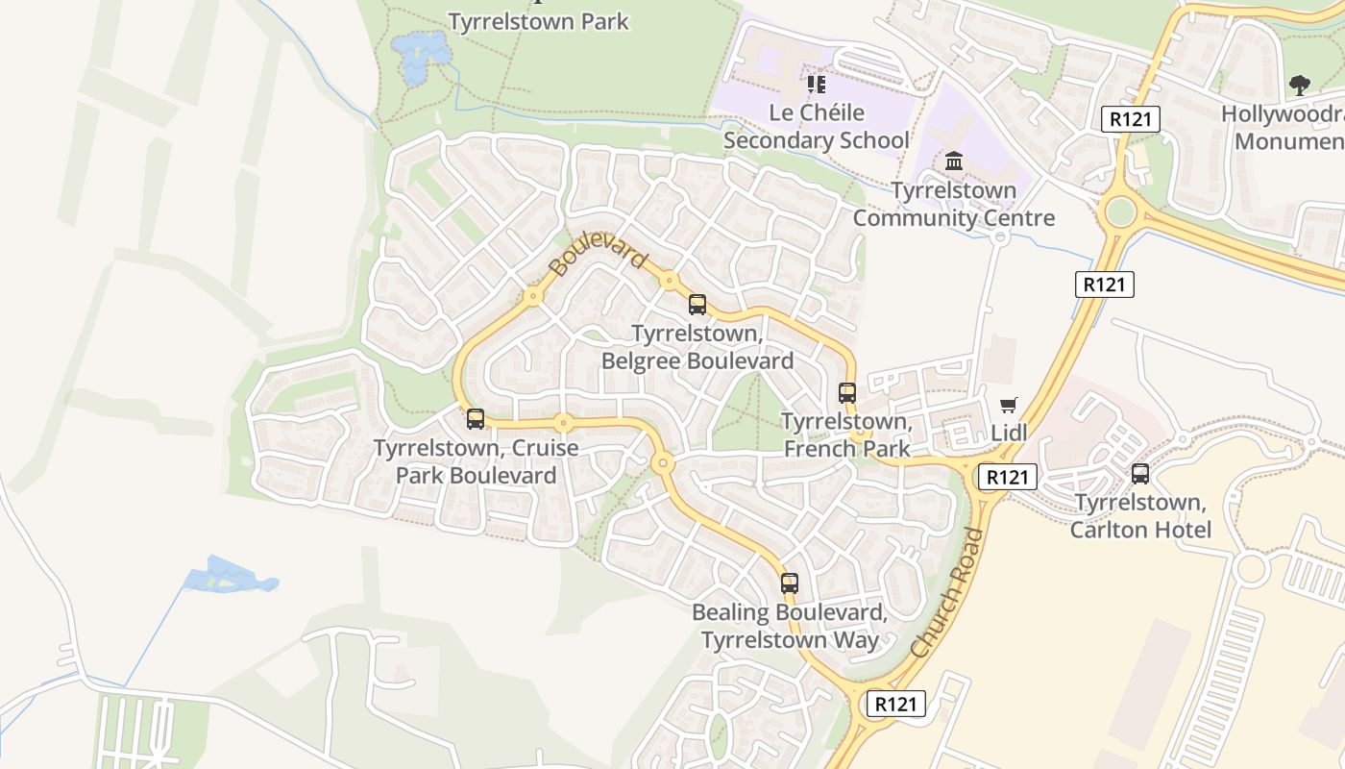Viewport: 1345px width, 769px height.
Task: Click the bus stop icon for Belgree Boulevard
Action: tap(697, 305)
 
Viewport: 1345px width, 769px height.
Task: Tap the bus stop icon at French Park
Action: tap(846, 393)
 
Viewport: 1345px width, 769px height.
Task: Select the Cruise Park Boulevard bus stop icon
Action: tap(476, 419)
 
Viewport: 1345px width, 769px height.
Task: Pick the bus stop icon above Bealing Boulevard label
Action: tap(789, 583)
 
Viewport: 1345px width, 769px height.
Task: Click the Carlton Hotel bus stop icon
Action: tap(1140, 474)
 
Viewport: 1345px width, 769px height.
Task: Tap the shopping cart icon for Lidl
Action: tap(1008, 406)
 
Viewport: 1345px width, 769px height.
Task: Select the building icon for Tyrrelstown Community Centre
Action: tap(954, 161)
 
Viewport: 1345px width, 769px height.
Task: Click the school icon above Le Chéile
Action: tap(817, 85)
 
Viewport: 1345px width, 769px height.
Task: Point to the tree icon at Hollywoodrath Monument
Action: tap(1300, 86)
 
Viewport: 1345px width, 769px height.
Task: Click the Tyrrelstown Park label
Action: tap(538, 21)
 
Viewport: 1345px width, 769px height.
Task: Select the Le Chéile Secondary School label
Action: tap(817, 127)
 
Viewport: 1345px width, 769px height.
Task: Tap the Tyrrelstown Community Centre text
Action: tap(954, 204)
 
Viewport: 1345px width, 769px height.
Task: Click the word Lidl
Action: tap(1009, 433)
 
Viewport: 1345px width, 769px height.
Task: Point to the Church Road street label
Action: tap(947, 593)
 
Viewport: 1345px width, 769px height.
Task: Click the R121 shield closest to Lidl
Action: tap(1007, 477)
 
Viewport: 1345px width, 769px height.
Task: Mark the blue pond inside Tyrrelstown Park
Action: tap(421, 56)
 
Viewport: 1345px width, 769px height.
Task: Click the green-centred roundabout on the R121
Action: tap(1120, 211)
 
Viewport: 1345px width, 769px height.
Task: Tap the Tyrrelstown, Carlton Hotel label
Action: tap(1140, 516)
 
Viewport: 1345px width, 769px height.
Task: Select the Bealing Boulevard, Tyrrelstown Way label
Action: tap(790, 626)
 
